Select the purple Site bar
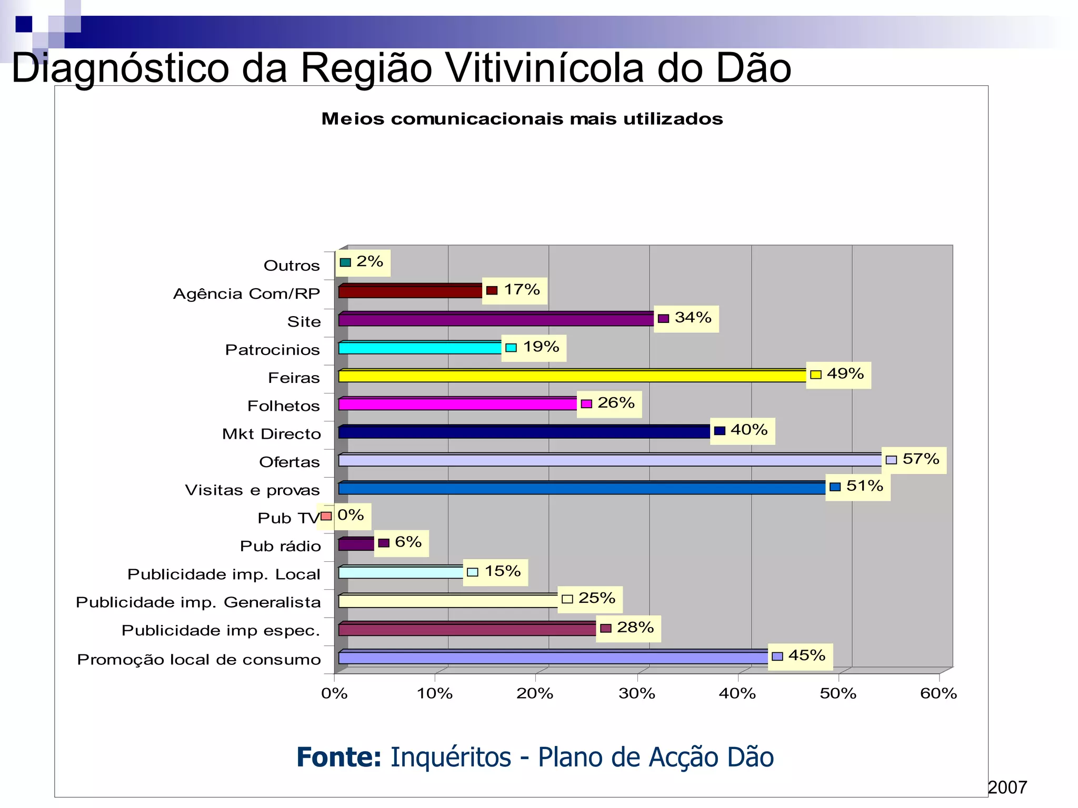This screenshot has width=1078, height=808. (495, 319)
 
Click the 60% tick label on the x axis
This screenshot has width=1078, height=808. (938, 694)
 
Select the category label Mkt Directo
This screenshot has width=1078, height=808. (271, 435)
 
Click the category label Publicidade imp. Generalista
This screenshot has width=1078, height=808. (198, 603)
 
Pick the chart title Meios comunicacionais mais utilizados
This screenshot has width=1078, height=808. (522, 119)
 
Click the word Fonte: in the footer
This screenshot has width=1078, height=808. (338, 758)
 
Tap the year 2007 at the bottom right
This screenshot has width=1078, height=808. (1007, 787)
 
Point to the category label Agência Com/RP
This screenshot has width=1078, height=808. (246, 294)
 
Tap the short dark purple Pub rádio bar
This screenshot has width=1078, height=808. (356, 544)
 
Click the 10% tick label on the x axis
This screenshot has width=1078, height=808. (434, 694)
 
